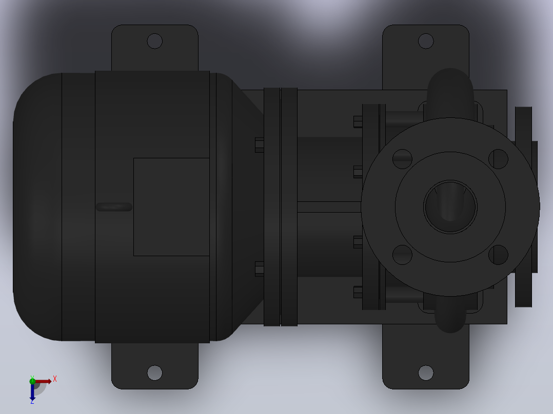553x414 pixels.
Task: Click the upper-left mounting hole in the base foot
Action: click(154, 41)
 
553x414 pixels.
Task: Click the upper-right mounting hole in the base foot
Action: click(426, 41)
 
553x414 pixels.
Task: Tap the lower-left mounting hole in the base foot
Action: click(154, 373)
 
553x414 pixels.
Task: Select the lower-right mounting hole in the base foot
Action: click(426, 373)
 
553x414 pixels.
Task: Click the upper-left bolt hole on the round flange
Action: click(402, 159)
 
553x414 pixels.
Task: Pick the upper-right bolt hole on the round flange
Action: click(498, 159)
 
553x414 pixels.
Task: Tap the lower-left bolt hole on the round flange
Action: click(402, 255)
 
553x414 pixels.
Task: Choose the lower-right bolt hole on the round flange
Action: click(498, 255)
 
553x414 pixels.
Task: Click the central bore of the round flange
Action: click(450, 207)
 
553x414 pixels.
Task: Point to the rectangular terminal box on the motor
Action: click(171, 207)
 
